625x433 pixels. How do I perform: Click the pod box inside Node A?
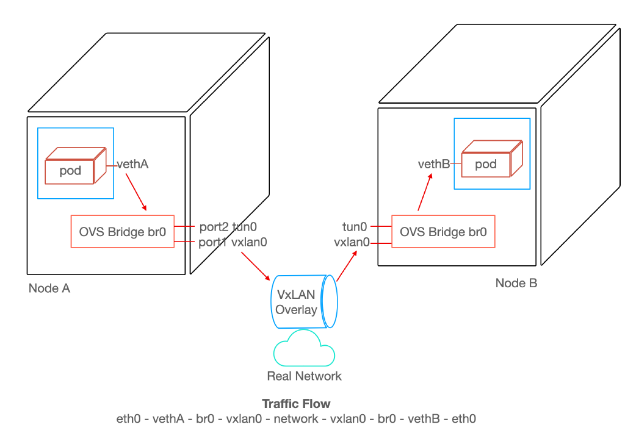coord(71,170)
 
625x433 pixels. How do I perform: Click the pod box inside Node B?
coord(486,163)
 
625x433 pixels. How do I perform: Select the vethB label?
coord(433,164)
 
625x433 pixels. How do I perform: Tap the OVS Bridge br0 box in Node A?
coord(122,232)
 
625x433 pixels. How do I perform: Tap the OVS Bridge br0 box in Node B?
coord(443,232)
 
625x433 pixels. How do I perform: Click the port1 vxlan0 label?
coord(233,242)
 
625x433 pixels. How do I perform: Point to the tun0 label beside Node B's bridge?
coord(355,227)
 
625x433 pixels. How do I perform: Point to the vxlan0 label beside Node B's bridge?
coord(352,242)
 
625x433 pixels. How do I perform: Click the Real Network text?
coord(304,376)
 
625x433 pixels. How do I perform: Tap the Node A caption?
coord(49,288)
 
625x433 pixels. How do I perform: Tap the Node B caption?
coord(516,283)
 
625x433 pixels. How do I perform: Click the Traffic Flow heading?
coord(296,404)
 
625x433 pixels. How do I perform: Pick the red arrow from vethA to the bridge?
coord(136,191)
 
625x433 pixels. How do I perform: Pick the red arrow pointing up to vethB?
coord(425,191)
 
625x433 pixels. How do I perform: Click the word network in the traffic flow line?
coord(296,419)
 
